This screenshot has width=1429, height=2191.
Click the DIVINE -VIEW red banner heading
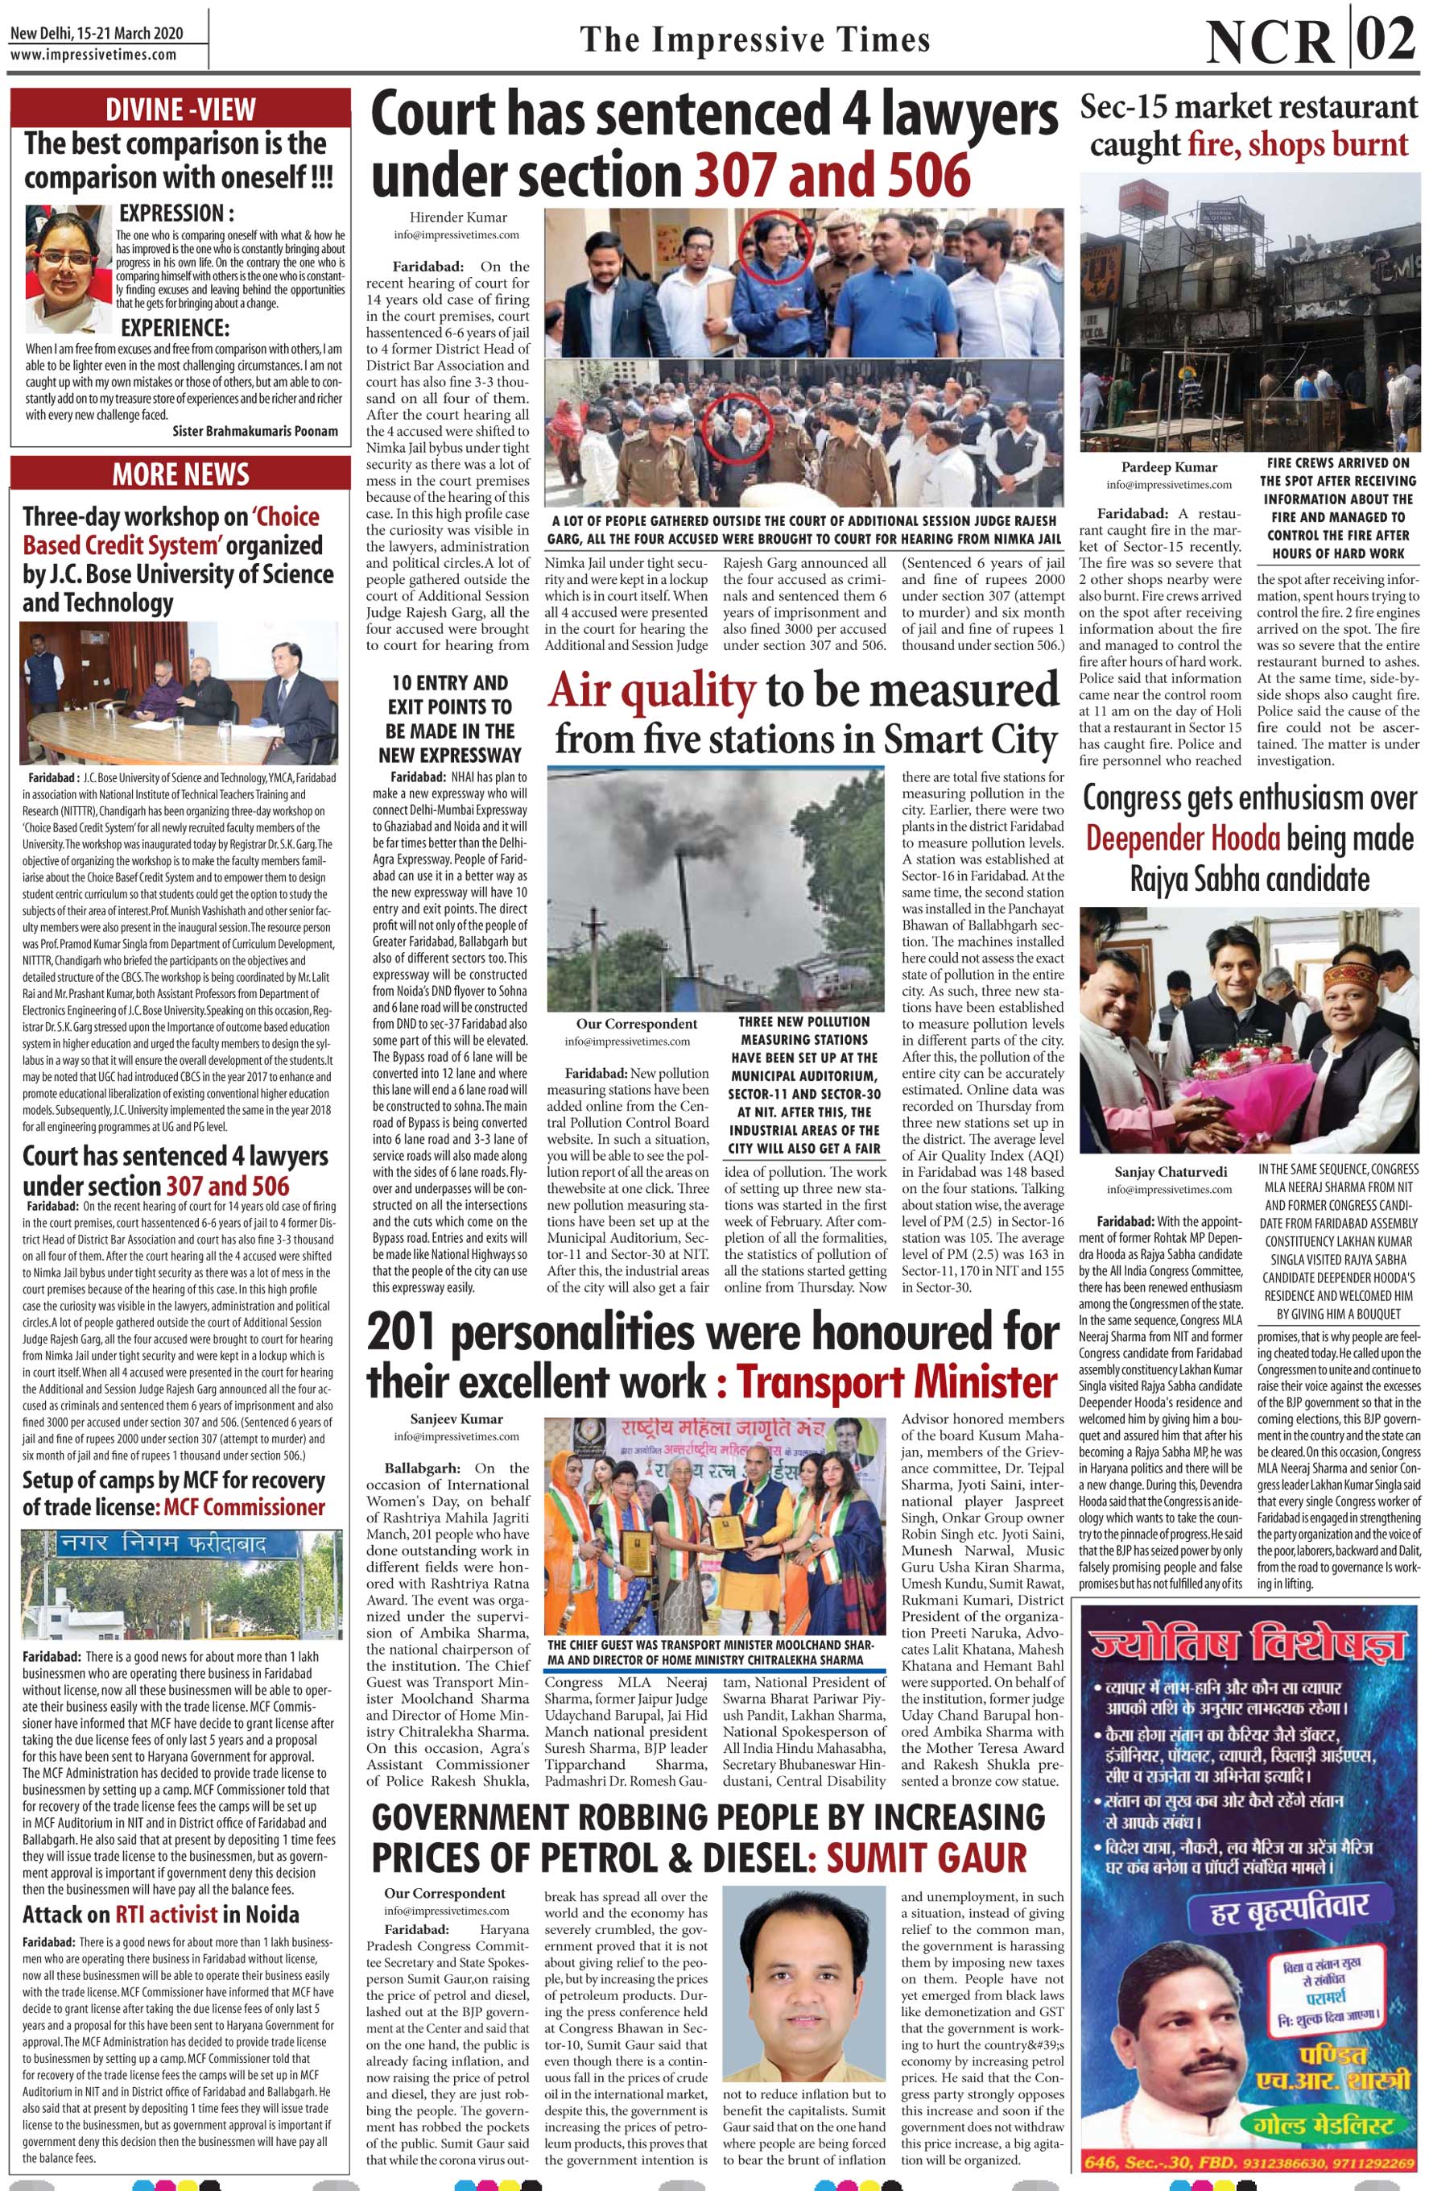tap(180, 108)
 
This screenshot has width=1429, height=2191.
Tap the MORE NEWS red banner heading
tap(180, 475)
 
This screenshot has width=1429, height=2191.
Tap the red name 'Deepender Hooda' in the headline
tap(1183, 839)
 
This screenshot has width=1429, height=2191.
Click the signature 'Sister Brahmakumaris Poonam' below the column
tap(255, 431)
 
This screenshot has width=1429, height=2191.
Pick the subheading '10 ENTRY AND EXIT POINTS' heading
tap(450, 718)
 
